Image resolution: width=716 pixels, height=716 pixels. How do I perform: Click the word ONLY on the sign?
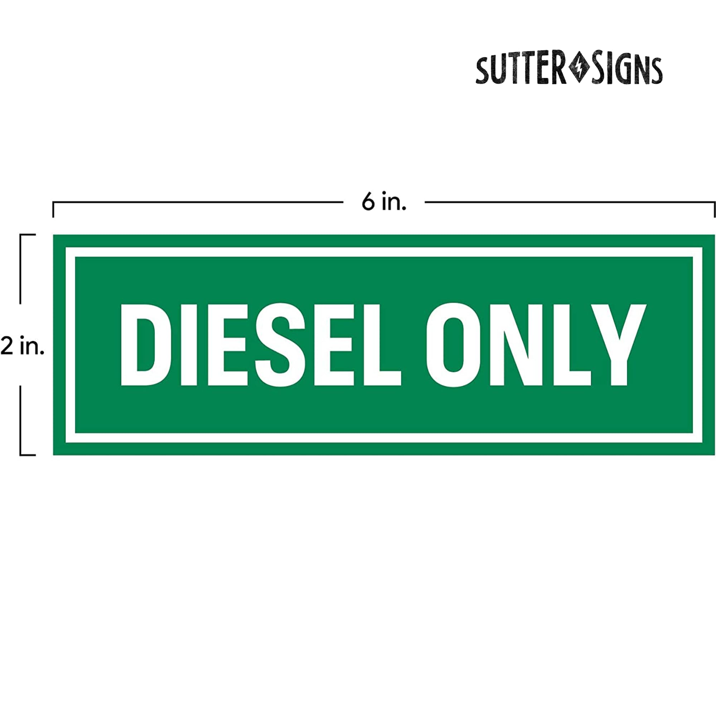point(536,345)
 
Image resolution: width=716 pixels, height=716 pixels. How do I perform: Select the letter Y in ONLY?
point(619,345)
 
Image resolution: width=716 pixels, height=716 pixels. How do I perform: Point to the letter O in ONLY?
point(453,345)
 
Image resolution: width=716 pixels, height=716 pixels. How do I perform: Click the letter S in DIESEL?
point(280,345)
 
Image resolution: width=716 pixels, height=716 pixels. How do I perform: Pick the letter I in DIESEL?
point(189,345)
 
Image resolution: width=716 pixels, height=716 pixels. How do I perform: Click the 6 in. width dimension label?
point(383,202)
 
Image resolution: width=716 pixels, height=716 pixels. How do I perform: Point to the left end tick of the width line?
point(53,210)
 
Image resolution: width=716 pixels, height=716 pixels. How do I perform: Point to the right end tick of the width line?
point(714,210)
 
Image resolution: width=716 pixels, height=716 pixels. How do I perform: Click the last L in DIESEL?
point(382,345)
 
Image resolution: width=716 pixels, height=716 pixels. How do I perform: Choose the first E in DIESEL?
point(227,345)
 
